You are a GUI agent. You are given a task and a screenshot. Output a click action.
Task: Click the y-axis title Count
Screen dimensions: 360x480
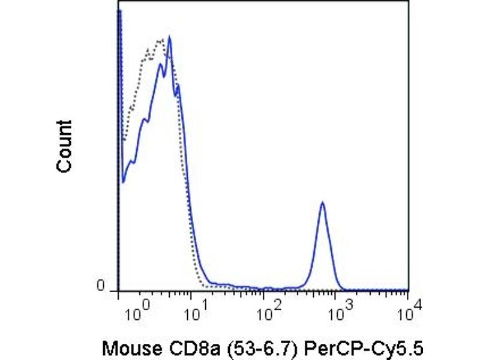coord(64,146)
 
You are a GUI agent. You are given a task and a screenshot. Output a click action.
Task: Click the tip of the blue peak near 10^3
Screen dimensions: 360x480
coord(322,203)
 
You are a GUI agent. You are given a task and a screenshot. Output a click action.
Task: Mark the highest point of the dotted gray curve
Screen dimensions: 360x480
coord(160,40)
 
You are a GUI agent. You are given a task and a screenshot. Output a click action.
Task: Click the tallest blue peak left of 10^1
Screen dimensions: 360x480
coord(170,37)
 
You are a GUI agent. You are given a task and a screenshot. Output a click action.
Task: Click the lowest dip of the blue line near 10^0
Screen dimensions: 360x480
coord(123,181)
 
